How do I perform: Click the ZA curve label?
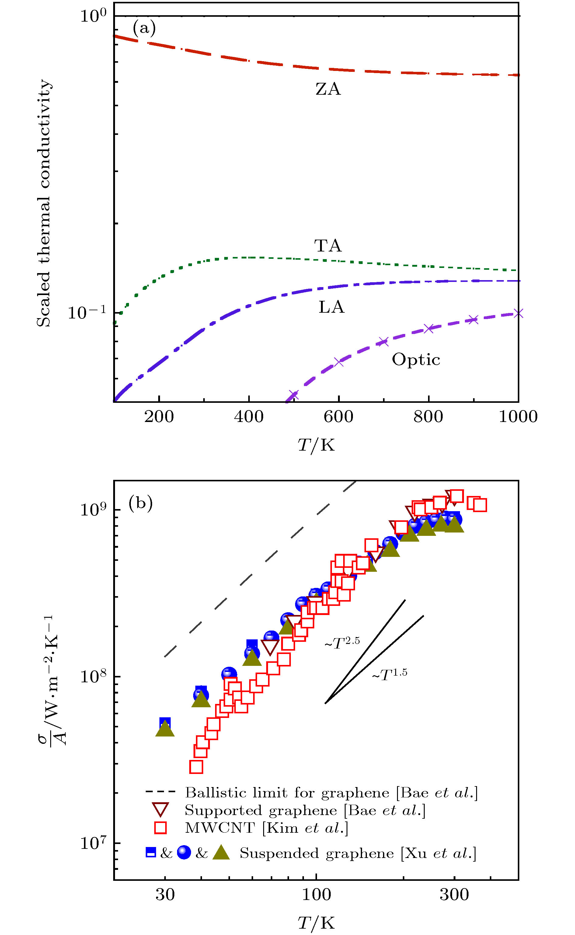[x=328, y=89]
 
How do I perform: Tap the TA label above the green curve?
[x=328, y=246]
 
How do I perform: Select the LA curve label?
[x=331, y=307]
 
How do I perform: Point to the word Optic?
[x=416, y=360]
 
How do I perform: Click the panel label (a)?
[x=144, y=28]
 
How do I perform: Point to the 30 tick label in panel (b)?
[x=165, y=894]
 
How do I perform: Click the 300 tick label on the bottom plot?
[x=454, y=894]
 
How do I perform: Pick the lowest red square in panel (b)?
[x=196, y=767]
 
